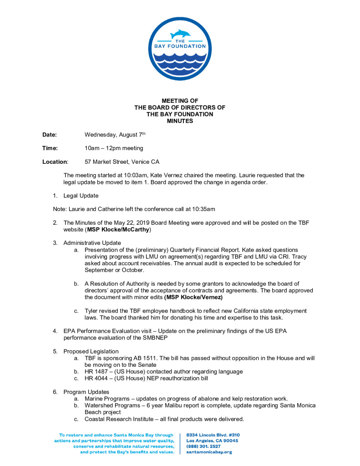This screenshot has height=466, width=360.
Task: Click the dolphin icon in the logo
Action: [180, 35]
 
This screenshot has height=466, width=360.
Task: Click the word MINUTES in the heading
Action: [180, 121]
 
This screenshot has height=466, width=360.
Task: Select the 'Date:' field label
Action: [50, 135]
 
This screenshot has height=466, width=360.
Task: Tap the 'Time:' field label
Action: [50, 148]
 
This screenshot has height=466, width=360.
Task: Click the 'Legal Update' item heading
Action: [81, 196]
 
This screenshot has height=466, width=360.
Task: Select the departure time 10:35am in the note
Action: [202, 209]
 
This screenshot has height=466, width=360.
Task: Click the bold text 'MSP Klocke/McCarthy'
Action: [119, 229]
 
